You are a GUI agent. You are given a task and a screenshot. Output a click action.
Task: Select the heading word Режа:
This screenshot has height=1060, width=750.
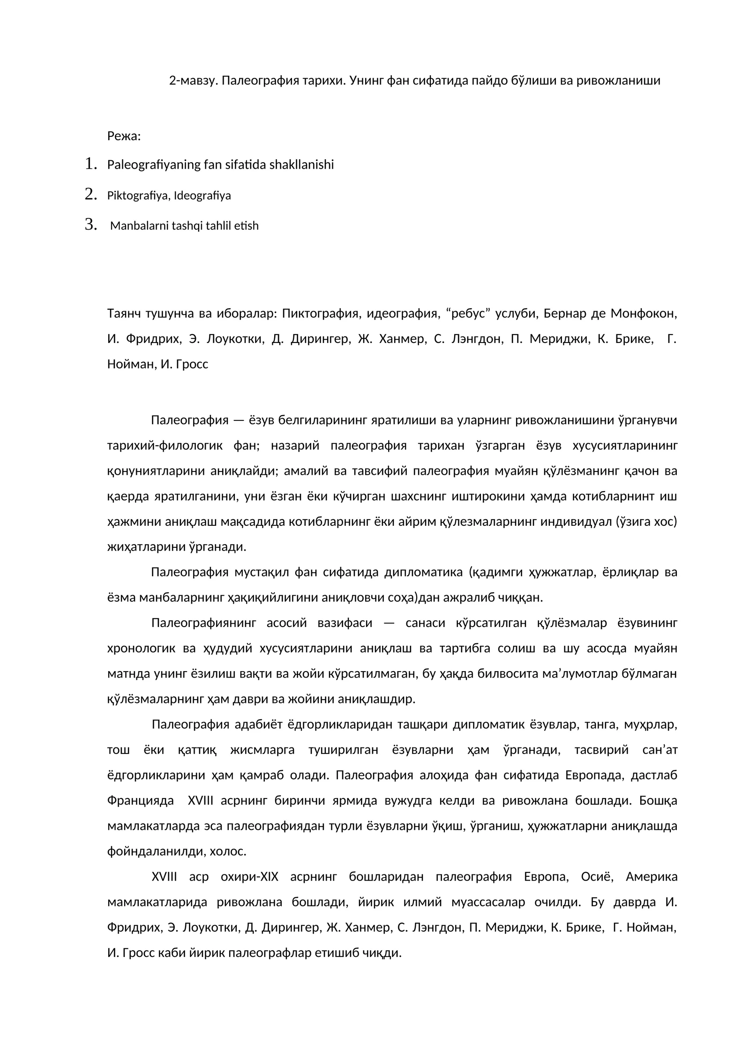[x=124, y=136]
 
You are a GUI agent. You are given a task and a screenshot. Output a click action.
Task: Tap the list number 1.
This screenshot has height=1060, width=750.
[x=91, y=164]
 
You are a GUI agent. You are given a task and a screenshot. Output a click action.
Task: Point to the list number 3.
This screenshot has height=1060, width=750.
[x=91, y=225]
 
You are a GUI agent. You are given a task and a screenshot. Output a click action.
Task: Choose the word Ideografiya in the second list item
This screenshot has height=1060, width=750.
[x=202, y=195]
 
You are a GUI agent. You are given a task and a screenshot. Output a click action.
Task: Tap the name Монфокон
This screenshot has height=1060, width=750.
[x=644, y=313]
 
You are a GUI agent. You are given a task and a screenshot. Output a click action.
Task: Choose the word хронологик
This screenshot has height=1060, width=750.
[x=141, y=649]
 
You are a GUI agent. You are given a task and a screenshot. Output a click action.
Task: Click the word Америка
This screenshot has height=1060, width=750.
[x=651, y=877]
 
